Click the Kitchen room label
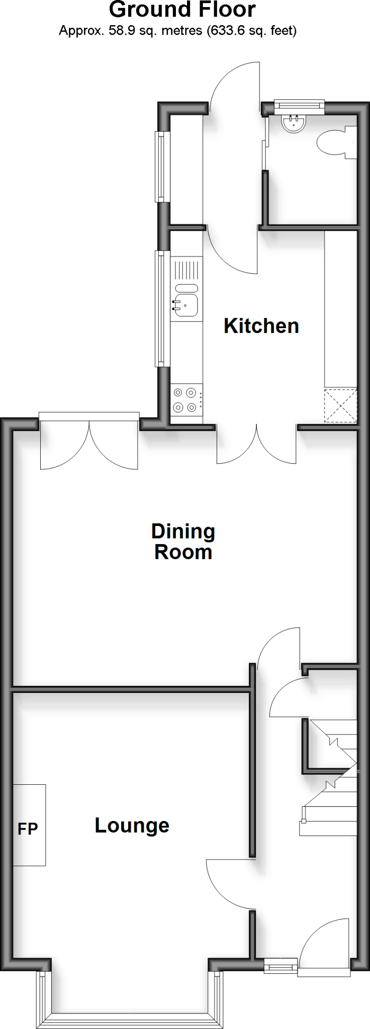tap(261, 326)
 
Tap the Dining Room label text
tap(183, 542)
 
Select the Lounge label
tap(132, 825)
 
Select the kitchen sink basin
tap(187, 305)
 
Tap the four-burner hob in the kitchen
tap(185, 400)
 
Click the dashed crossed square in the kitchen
tap(340, 405)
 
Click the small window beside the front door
tap(281, 964)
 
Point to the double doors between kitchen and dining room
tap(257, 445)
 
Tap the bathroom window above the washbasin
tap(299, 105)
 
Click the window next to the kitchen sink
tap(160, 308)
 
